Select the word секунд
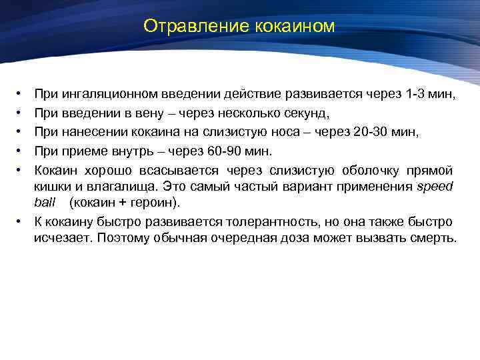[301, 114]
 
